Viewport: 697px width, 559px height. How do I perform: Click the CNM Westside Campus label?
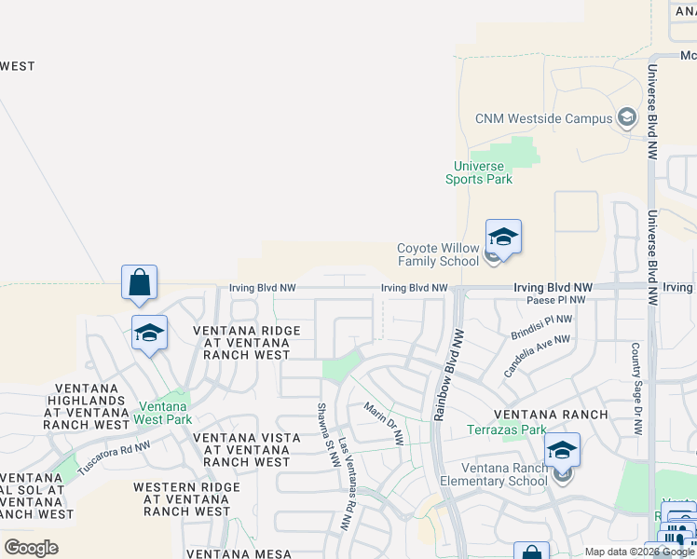tap(544, 118)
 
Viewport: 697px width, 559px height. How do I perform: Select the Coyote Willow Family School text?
tap(438, 254)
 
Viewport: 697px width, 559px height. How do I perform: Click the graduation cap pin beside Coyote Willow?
tap(503, 239)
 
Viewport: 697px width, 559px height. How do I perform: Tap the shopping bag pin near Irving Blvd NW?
tap(139, 283)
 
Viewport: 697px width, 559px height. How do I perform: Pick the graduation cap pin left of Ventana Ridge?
tap(149, 334)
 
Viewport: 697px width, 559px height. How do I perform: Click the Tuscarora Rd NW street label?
tap(114, 457)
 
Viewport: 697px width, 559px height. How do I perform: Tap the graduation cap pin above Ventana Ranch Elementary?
tap(562, 451)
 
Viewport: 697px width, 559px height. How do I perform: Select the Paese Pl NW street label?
tap(556, 300)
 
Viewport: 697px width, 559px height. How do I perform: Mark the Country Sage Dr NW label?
tap(635, 389)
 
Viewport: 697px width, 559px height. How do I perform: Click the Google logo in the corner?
tap(31, 547)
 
